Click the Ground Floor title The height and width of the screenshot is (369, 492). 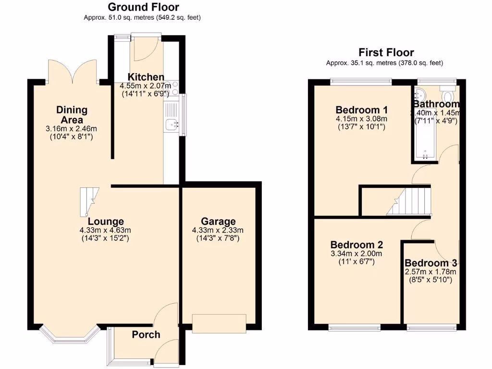point(143,7)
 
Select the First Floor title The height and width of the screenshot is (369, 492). point(386,52)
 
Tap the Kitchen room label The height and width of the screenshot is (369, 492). point(146,77)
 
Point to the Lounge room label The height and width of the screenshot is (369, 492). point(105,221)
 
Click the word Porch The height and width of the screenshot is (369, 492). point(146,334)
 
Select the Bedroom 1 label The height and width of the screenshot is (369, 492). point(362,109)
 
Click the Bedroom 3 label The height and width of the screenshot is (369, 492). point(430,263)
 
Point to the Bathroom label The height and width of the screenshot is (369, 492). point(436,104)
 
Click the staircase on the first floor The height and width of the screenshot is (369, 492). point(408,201)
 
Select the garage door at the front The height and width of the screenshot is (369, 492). point(219,323)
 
